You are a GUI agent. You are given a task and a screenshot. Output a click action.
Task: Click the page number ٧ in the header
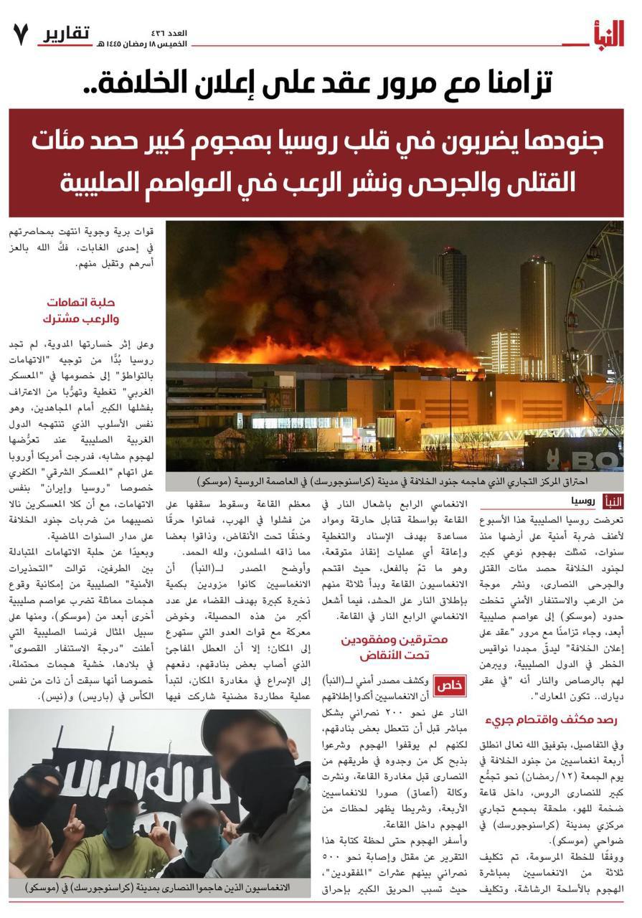[21, 34]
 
